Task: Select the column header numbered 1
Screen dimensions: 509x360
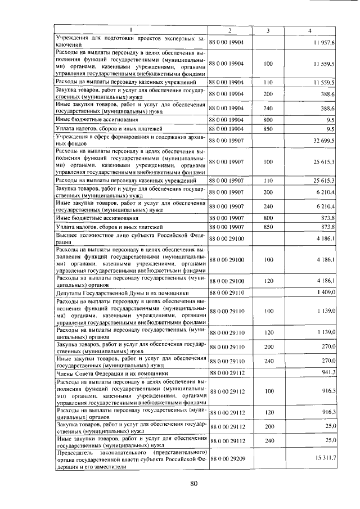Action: click(x=130, y=30)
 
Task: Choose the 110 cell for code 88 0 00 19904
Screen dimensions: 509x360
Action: click(x=268, y=83)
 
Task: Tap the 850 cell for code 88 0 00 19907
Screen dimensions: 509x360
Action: click(x=268, y=227)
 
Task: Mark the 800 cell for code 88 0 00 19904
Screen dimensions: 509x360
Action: click(x=268, y=120)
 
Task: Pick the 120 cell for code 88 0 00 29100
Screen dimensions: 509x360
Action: click(x=268, y=280)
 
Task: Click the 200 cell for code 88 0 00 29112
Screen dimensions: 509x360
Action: click(x=268, y=426)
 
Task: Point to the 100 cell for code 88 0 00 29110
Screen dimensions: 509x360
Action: click(x=268, y=310)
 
